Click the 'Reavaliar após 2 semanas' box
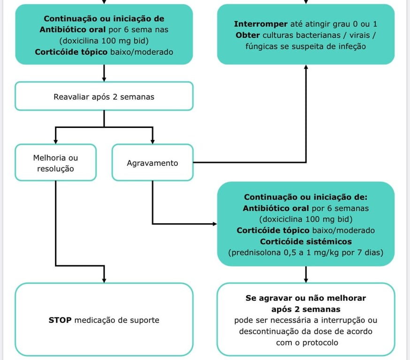104,97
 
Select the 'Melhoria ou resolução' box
55,163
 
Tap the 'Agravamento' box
152,163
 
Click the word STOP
60,320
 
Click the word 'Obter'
248,36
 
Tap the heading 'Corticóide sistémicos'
306,242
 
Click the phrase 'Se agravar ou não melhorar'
306,298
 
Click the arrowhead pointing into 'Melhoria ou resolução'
55,141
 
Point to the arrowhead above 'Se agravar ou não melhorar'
306,279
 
